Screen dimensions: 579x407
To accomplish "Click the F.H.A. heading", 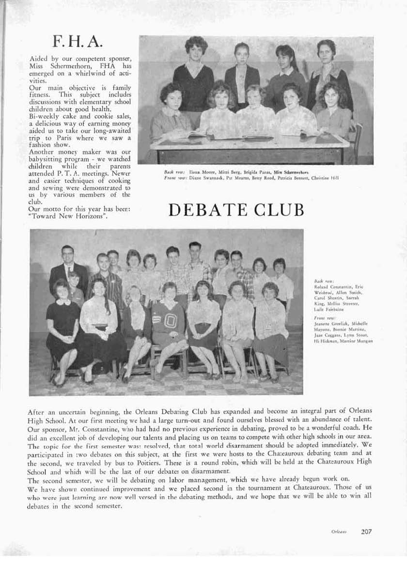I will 78,42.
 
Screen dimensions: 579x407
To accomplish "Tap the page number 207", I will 366,531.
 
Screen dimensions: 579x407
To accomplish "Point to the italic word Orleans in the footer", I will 339,532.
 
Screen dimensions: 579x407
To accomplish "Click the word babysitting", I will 49,158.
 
